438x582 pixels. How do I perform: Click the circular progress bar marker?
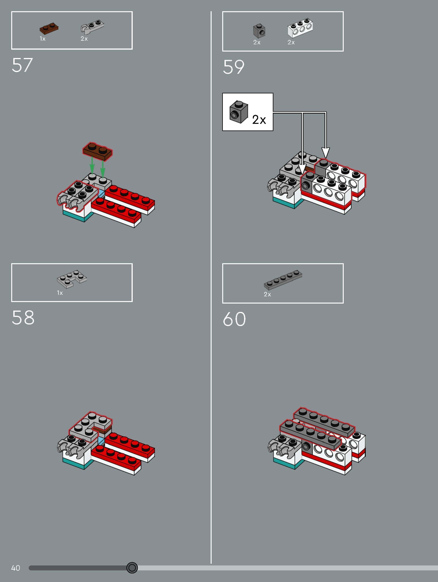[132, 568]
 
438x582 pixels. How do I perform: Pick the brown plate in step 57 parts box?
[49, 28]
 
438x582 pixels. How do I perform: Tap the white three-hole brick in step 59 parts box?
[300, 27]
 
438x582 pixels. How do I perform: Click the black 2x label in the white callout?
[259, 120]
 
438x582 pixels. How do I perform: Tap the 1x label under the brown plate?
[43, 39]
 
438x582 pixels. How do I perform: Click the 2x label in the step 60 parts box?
[267, 294]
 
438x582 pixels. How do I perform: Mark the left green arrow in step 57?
[92, 165]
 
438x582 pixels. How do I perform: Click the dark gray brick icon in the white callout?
[238, 112]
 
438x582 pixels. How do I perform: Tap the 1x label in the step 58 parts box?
[60, 293]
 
